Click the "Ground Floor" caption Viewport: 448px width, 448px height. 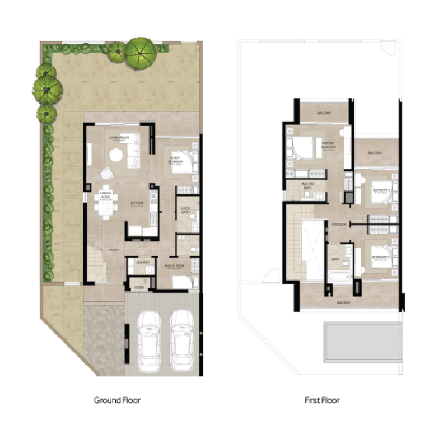[117, 400]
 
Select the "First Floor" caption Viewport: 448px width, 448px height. [322, 400]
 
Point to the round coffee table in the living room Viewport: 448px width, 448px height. [116, 155]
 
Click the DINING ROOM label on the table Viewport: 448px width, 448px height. [106, 195]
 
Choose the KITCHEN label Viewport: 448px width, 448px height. [137, 203]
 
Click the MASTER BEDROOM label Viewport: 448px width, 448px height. [328, 147]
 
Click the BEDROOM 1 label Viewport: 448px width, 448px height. [381, 190]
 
